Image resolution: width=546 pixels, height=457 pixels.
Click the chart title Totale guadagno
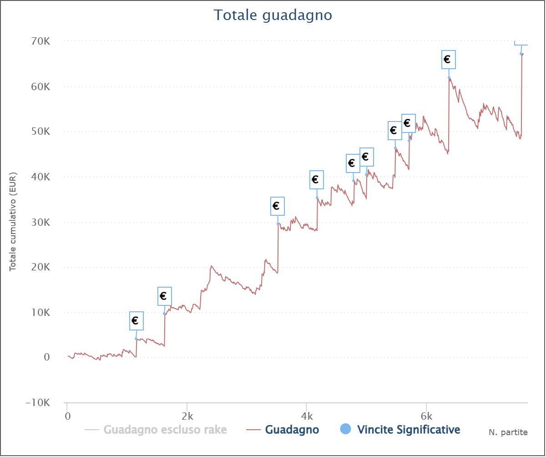273,15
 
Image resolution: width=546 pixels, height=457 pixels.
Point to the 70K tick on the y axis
40,41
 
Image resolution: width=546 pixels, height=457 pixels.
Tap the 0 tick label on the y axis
46,357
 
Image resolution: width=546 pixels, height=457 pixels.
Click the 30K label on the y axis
40,222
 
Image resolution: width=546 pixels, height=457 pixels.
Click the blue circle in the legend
346,429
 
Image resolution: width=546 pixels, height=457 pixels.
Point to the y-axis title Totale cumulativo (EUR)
13,222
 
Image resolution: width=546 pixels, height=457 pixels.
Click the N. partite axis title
508,432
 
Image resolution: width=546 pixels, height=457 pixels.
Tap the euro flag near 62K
448,60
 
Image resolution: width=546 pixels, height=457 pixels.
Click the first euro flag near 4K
136,320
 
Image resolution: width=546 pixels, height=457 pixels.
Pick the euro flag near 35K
316,179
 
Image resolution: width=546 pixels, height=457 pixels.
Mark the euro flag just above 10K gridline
164,296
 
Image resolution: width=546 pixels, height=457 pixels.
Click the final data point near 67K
521,54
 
